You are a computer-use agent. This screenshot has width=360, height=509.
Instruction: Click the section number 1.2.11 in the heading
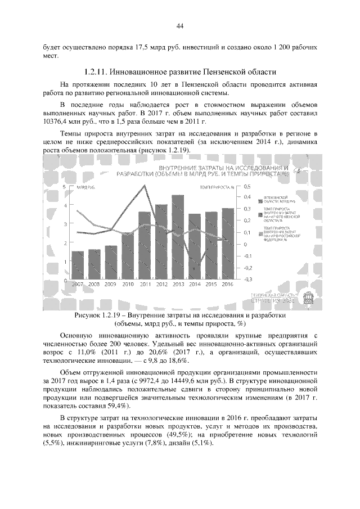pos(95,72)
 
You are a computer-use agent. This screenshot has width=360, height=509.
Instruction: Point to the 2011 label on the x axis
pos(145,284)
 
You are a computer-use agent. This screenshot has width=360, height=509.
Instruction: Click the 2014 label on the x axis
pos(195,284)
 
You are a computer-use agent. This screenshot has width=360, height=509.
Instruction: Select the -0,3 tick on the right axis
pos(247,279)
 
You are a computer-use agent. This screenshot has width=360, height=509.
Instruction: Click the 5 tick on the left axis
pos(65,186)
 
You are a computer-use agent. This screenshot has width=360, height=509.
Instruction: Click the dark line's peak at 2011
pos(145,185)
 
